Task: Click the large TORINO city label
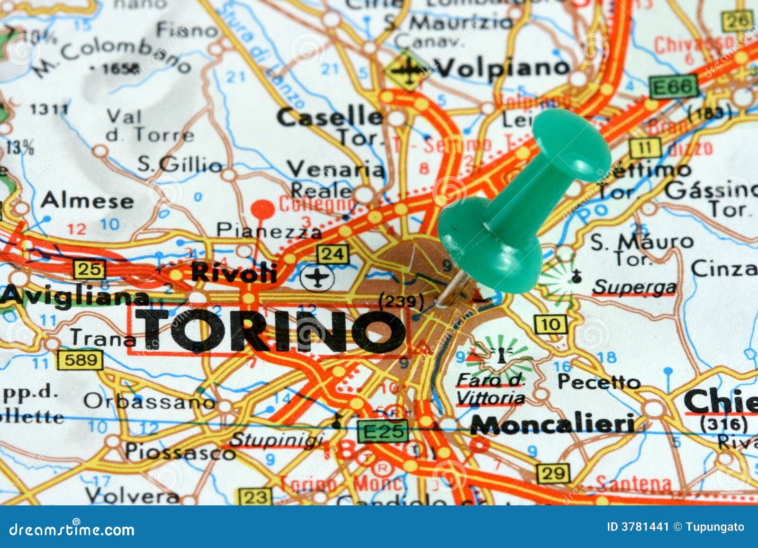coord(270,331)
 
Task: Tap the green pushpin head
coord(571,144)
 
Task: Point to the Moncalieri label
coord(552,424)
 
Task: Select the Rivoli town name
coord(234,272)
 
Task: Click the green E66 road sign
coord(673,87)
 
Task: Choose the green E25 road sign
coord(383,431)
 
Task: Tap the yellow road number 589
coord(80,360)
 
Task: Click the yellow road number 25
coord(89,270)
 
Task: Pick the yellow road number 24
coord(333,254)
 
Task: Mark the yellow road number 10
coord(550,324)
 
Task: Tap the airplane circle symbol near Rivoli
coord(317,277)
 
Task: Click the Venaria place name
coord(336,169)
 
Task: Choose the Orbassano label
coord(150,402)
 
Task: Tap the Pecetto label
coord(599,381)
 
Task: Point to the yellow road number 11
coord(645,148)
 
